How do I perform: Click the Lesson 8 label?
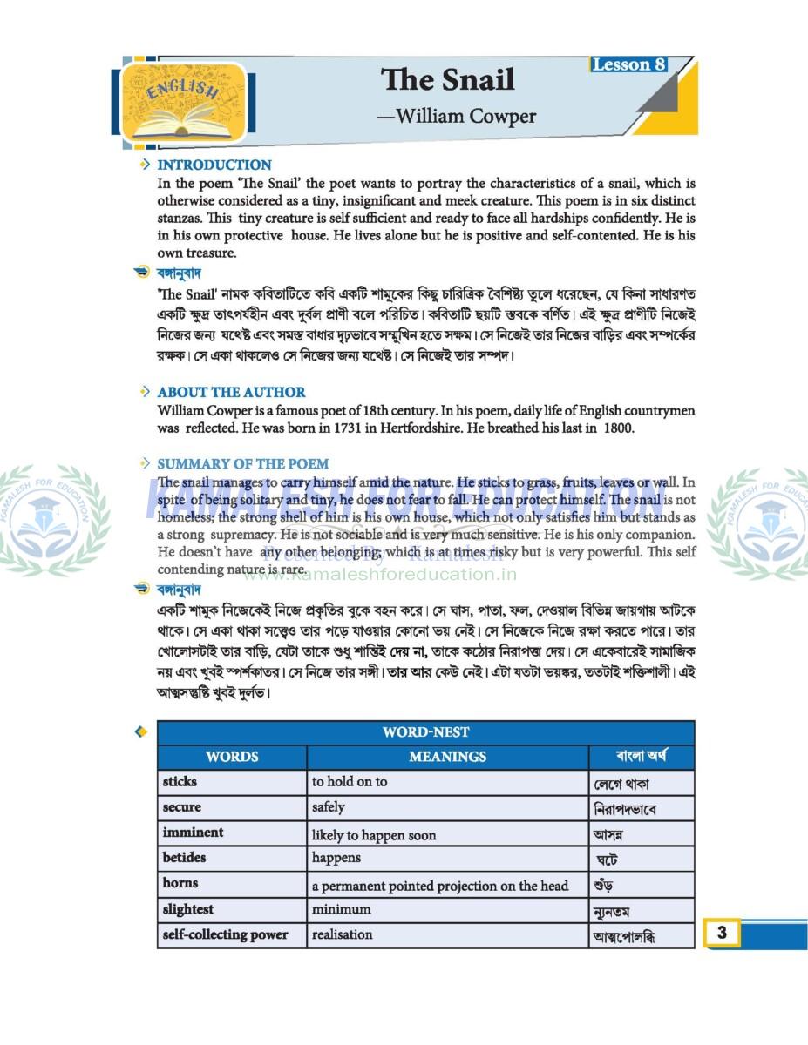click(x=628, y=64)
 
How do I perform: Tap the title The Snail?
click(x=447, y=80)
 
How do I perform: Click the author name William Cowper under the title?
click(x=456, y=116)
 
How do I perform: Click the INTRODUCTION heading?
click(x=214, y=165)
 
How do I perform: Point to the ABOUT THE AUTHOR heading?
click(x=231, y=392)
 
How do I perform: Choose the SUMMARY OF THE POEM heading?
click(x=242, y=464)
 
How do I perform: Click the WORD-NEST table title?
click(x=425, y=732)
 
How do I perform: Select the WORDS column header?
click(x=232, y=757)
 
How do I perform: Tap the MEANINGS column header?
click(x=447, y=757)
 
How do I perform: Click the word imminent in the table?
click(x=193, y=833)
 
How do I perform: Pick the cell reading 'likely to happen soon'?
click(x=374, y=835)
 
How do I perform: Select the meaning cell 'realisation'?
click(x=342, y=934)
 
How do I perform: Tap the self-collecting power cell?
click(x=225, y=934)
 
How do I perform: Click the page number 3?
click(x=722, y=933)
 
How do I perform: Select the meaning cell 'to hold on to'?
click(x=350, y=782)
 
